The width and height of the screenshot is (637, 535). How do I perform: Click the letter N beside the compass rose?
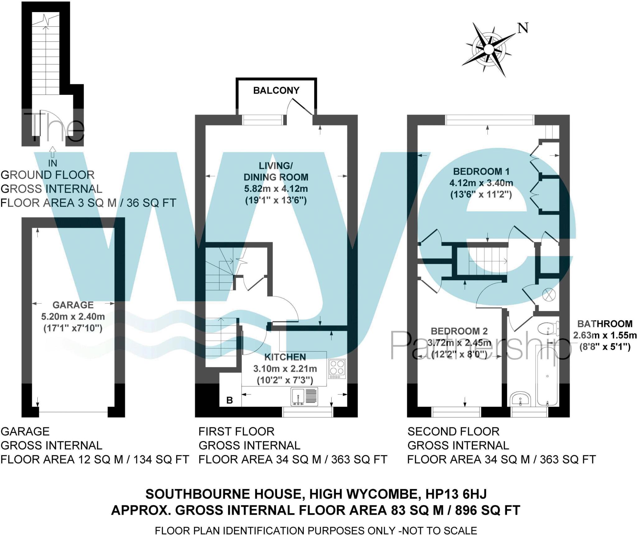[x=523, y=28]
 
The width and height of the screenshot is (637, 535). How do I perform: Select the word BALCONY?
[x=276, y=91]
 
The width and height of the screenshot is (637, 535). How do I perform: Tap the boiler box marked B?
[x=230, y=400]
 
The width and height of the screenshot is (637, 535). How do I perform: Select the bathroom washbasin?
[x=520, y=399]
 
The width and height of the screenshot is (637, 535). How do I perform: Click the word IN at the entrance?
[x=53, y=163]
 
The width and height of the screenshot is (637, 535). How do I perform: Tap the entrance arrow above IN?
[x=53, y=152]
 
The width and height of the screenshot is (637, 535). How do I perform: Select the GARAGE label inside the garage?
[x=73, y=305]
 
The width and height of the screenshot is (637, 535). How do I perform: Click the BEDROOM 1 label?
[x=481, y=171]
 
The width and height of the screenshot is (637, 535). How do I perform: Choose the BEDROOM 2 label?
[x=459, y=331]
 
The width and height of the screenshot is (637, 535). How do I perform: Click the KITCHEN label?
[x=285, y=357]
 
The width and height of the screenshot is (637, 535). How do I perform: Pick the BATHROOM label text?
[x=605, y=324]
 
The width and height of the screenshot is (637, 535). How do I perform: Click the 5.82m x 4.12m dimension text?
[x=276, y=189]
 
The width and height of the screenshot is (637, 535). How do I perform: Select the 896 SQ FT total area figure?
[x=487, y=510]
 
